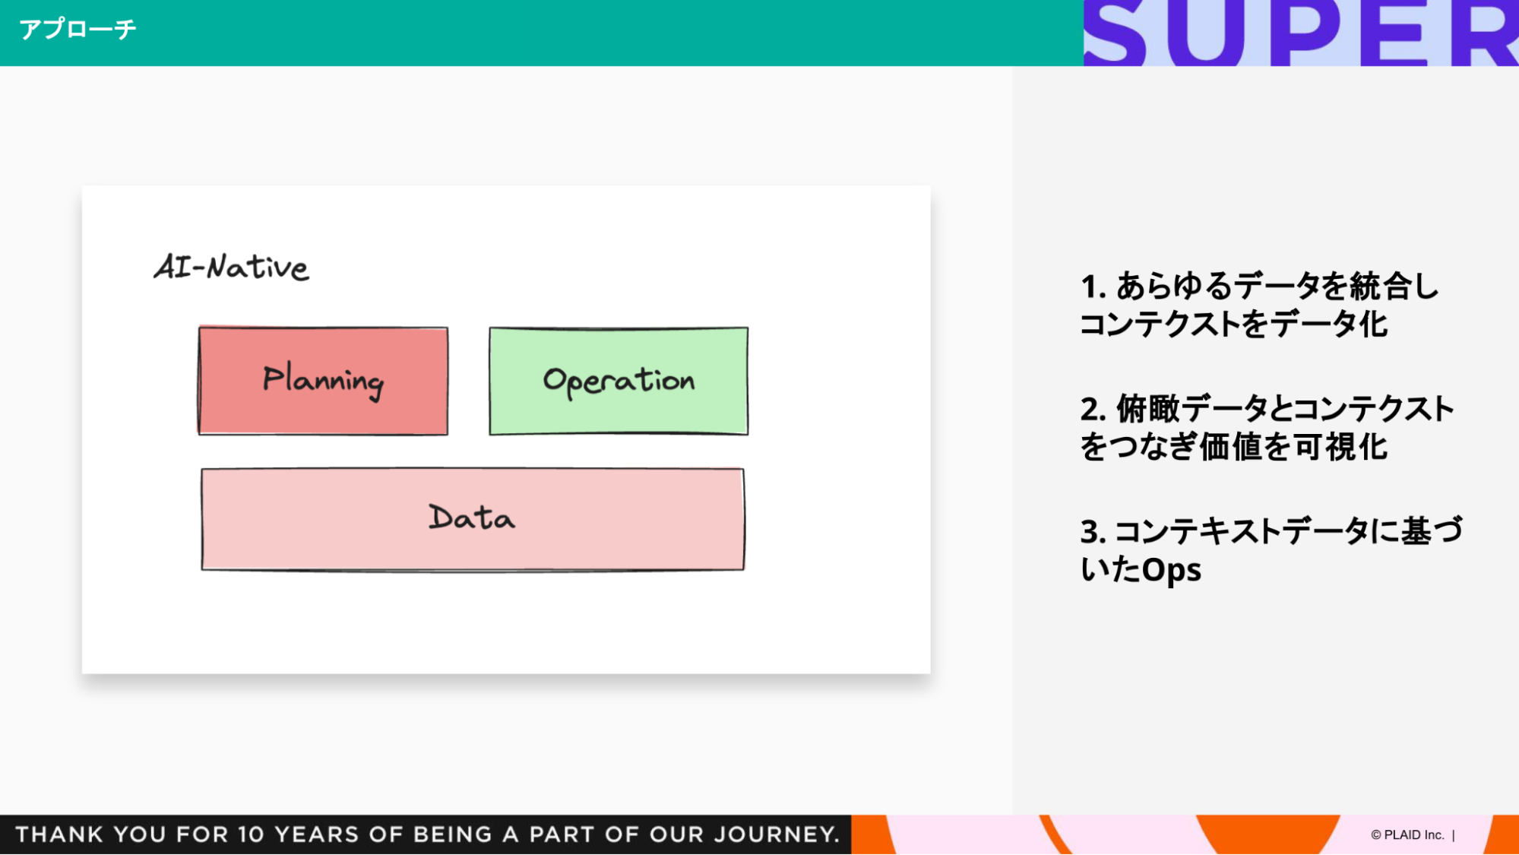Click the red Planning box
coord(323,381)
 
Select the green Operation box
coord(619,381)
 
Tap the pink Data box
coord(472,519)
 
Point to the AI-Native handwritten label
coord(232,268)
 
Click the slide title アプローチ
coord(78,30)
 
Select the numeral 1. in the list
coord(1093,287)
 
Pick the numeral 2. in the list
coord(1093,410)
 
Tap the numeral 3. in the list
coord(1093,532)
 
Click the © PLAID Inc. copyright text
coord(1407,834)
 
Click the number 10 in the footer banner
coord(250,834)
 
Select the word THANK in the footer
coord(59,834)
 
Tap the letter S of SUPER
coord(1115,34)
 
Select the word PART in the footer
coord(559,834)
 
